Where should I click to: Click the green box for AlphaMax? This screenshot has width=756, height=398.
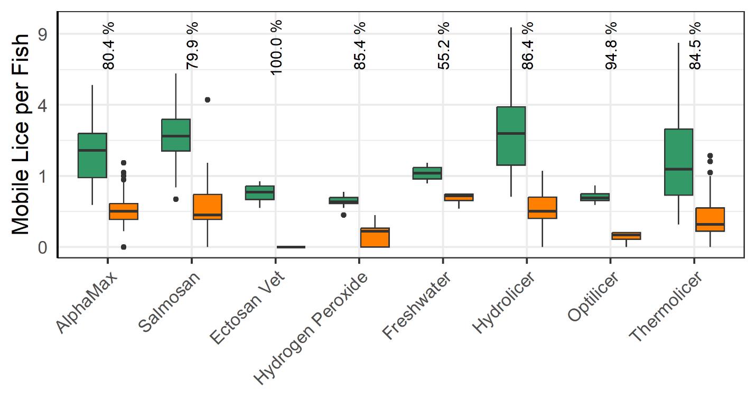(92, 155)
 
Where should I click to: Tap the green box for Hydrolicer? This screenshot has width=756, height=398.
(511, 136)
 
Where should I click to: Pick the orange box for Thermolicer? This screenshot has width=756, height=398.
(710, 219)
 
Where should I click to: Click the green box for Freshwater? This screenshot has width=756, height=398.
(427, 173)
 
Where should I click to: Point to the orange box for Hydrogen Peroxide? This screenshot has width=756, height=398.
(375, 237)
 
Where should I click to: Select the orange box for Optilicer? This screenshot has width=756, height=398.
(626, 236)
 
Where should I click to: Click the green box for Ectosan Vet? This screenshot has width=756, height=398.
(260, 192)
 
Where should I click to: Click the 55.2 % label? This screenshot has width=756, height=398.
(443, 47)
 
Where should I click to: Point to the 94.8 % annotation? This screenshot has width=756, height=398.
(611, 47)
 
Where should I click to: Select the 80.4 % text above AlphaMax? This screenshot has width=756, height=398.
(108, 47)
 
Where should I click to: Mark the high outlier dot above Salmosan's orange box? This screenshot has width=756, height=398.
(208, 99)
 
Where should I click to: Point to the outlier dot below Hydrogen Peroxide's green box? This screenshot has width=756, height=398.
(344, 215)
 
